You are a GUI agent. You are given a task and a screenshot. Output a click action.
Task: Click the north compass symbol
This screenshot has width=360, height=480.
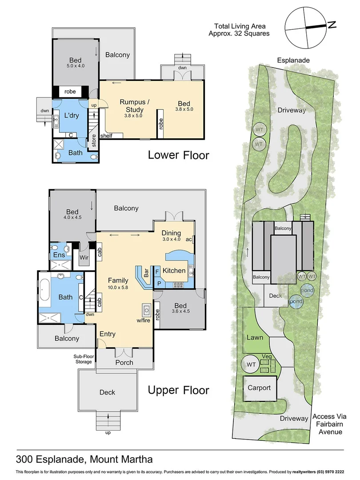click(x=307, y=28)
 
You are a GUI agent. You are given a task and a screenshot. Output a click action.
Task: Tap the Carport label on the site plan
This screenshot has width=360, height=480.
click(x=259, y=388)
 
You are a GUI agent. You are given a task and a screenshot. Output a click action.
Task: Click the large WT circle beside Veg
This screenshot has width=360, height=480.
click(x=251, y=365)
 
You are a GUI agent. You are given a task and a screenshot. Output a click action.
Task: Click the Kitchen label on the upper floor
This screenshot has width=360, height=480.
click(x=174, y=270)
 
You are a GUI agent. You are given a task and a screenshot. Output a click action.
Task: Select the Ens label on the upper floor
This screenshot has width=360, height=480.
click(x=59, y=255)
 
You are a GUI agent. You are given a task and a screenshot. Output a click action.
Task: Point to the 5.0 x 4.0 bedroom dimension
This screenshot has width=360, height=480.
click(x=75, y=66)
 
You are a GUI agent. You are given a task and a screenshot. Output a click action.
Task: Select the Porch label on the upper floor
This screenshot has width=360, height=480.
click(x=124, y=362)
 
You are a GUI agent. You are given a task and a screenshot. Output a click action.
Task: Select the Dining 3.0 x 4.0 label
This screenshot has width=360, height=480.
click(x=171, y=236)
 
